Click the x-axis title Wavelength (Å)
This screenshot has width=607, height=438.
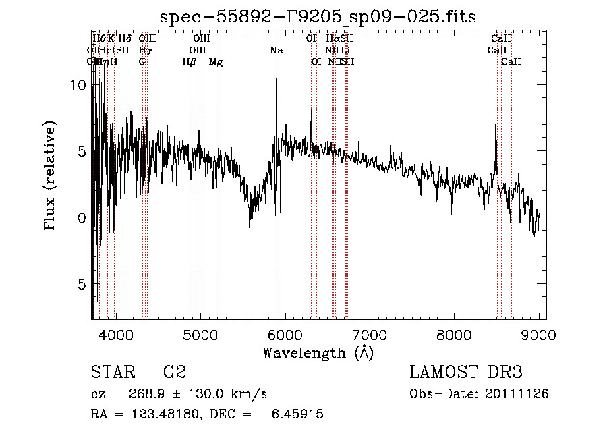318,352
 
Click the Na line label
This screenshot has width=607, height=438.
277,50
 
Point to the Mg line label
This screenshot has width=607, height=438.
216,61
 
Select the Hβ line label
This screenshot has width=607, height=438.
190,61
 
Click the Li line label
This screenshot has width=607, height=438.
345,50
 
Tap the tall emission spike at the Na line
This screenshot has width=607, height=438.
276,81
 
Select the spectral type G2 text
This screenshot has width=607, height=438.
175,372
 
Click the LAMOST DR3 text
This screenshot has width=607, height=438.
466,372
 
